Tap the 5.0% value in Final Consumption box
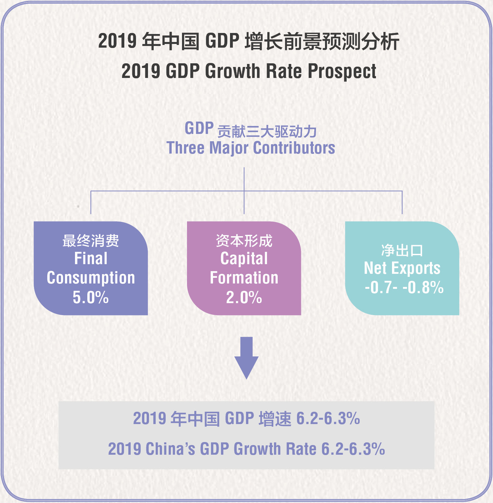(x=91, y=297)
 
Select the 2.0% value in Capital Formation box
(x=244, y=297)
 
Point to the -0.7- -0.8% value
(x=404, y=287)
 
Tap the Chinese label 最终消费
(x=91, y=241)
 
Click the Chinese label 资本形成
(x=244, y=241)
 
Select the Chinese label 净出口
(x=402, y=250)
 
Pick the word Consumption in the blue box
(x=91, y=278)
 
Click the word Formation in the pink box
(x=244, y=278)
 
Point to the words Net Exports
(x=402, y=268)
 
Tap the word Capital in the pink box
(x=244, y=258)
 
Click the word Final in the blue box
(x=91, y=258)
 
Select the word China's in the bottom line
(x=170, y=449)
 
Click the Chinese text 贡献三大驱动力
(x=267, y=132)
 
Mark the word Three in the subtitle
(x=185, y=148)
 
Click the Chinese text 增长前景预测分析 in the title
(x=322, y=42)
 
